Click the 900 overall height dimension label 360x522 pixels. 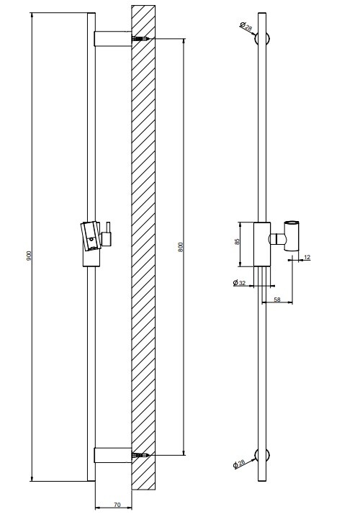click(29, 256)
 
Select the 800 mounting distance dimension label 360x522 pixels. click(181, 247)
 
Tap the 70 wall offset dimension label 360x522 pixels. click(117, 505)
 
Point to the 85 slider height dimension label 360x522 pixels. click(237, 242)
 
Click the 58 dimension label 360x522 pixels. click(277, 300)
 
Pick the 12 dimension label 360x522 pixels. click(307, 257)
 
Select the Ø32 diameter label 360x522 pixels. click(239, 283)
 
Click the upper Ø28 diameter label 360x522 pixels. click(246, 26)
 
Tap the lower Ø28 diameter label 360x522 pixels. click(239, 464)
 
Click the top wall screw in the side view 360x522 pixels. click(140, 39)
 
